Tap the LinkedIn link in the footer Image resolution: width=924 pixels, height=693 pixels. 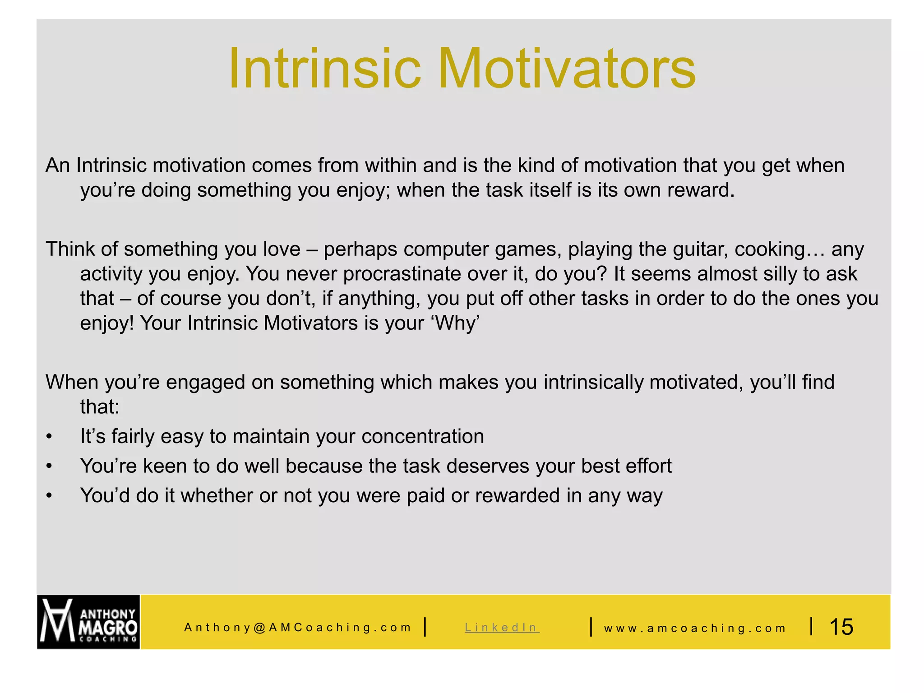click(502, 627)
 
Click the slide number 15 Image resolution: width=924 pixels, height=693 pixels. click(841, 627)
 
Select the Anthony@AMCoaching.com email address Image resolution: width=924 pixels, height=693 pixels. click(298, 628)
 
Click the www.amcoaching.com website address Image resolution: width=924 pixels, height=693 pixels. click(695, 628)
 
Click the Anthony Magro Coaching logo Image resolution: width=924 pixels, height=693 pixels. click(88, 622)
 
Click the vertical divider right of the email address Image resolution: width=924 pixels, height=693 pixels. click(425, 627)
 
